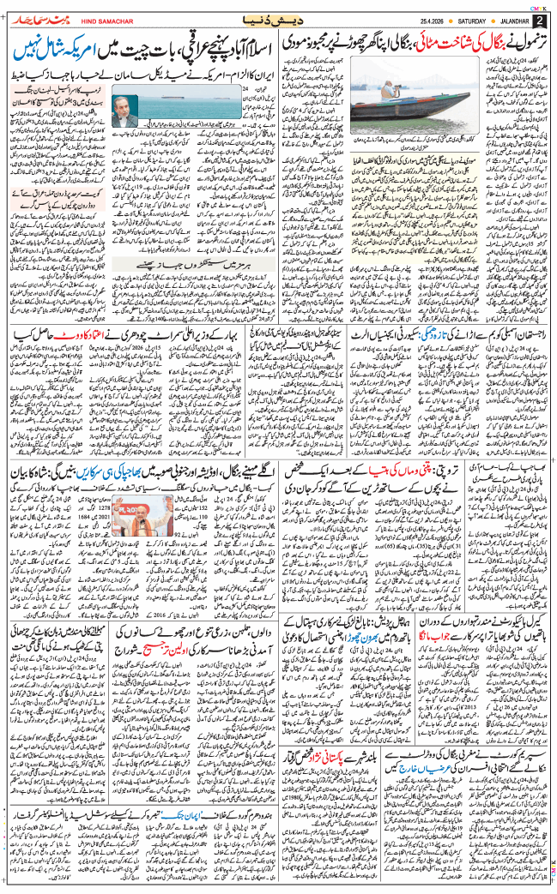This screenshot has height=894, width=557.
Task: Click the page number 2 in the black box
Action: [x=540, y=20]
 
